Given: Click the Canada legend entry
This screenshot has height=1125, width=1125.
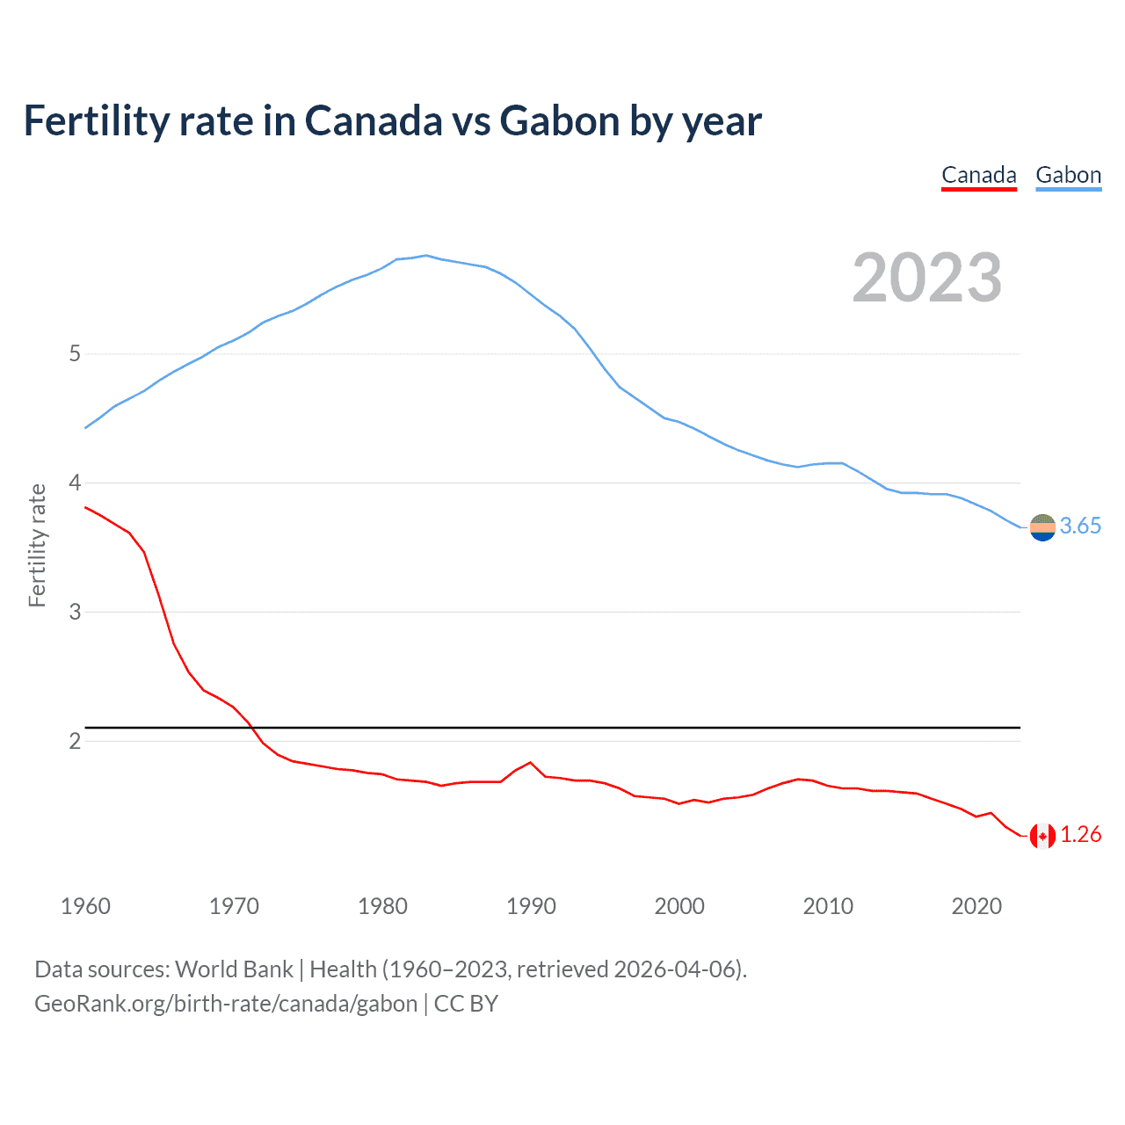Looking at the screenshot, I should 978,175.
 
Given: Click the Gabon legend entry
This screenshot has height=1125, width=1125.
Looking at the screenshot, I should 1068,175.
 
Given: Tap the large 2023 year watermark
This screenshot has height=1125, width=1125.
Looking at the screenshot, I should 926,278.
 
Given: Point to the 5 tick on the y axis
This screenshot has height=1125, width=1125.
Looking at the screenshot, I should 75,354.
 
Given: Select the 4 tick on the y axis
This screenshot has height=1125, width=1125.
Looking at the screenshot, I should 75,483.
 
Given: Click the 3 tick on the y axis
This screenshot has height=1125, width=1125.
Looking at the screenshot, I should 75,612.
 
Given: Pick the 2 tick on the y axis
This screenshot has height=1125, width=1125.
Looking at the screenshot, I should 75,741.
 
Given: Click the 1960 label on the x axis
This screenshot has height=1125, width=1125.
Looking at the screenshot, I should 85,906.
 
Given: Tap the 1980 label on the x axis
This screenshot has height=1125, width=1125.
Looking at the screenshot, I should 382,906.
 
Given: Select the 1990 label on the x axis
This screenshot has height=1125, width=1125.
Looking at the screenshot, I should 531,906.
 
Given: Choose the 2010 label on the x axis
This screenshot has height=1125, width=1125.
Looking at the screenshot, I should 828,906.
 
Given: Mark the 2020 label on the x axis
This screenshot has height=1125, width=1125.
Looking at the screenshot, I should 976,906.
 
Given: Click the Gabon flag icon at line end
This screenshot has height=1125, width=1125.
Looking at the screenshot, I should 1042,527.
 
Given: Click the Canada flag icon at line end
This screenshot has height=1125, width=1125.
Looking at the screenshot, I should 1042,836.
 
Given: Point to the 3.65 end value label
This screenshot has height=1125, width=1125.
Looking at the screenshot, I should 1080,526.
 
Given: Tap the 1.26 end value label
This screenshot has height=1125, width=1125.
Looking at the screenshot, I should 1080,834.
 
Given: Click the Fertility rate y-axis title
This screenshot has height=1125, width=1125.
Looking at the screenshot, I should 37,545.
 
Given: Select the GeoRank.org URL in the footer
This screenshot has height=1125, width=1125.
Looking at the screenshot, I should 226,1004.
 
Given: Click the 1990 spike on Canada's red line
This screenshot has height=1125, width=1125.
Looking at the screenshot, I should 530,763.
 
